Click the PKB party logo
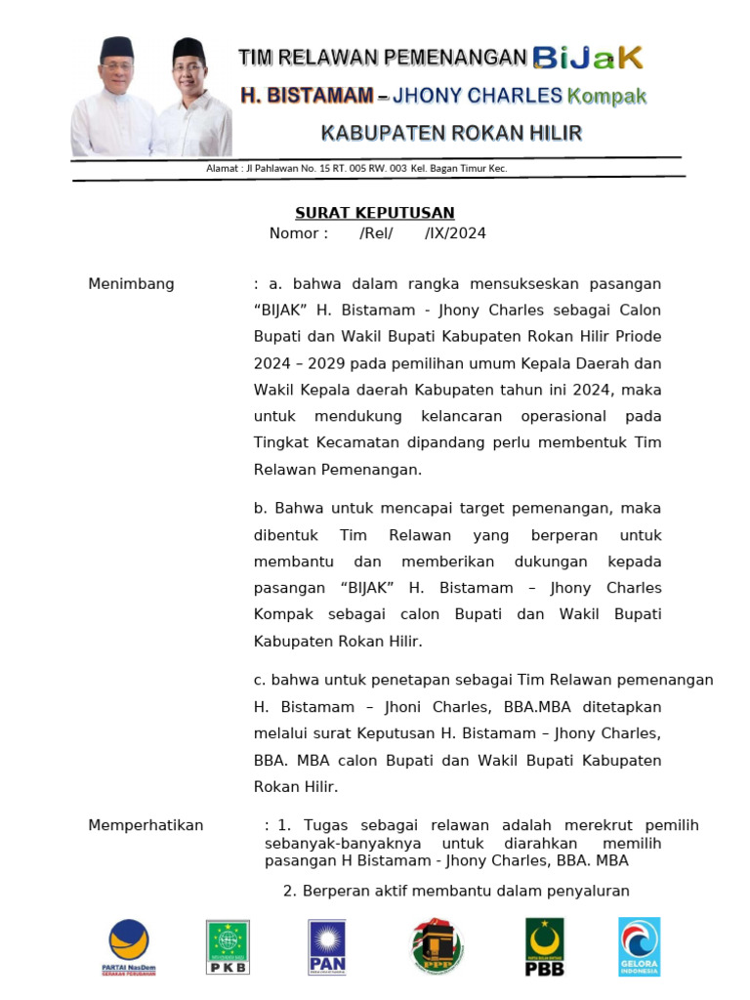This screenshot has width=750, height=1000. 228,946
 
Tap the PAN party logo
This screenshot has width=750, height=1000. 327,946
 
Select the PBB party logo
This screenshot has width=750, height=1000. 544,946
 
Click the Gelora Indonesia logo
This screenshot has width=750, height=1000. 640,946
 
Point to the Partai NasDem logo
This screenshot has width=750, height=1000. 129,946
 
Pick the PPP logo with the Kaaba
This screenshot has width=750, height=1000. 437,946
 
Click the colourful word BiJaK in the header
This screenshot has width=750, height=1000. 589,58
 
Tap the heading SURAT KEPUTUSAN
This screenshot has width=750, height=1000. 375,213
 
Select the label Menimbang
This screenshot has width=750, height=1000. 132,284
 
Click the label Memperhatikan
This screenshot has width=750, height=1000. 146,825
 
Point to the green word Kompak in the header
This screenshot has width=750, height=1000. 607,96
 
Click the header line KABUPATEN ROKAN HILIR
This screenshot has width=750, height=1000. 451,132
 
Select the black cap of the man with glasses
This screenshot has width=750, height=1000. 187,47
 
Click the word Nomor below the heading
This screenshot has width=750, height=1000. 298,233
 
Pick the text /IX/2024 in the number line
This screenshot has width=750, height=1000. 455,233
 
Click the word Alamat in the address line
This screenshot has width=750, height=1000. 223,168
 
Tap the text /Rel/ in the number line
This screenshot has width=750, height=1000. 376,233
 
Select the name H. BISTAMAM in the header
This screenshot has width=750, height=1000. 307,96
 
